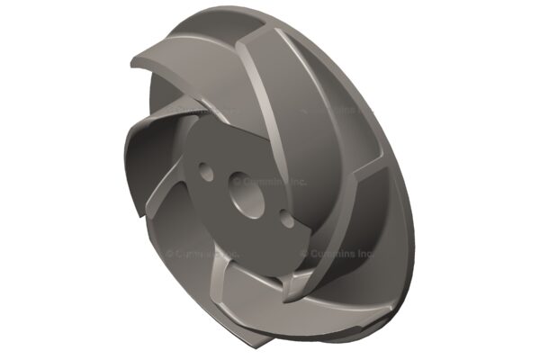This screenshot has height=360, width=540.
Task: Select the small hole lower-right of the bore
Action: [x=287, y=219]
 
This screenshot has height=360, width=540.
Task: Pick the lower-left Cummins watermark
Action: [x=202, y=254]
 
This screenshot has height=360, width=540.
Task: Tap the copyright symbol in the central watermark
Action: [x=238, y=180]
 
